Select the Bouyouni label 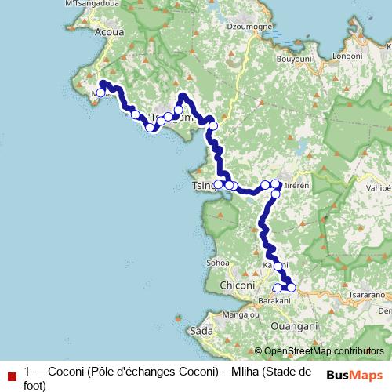pyautogui.click(x=295, y=60)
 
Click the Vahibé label pyautogui.click(x=377, y=188)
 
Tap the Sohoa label pyautogui.click(x=216, y=263)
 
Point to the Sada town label pyautogui.click(x=201, y=332)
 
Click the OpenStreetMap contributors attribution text pyautogui.click(x=324, y=350)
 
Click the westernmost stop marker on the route pyautogui.click(x=100, y=93)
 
